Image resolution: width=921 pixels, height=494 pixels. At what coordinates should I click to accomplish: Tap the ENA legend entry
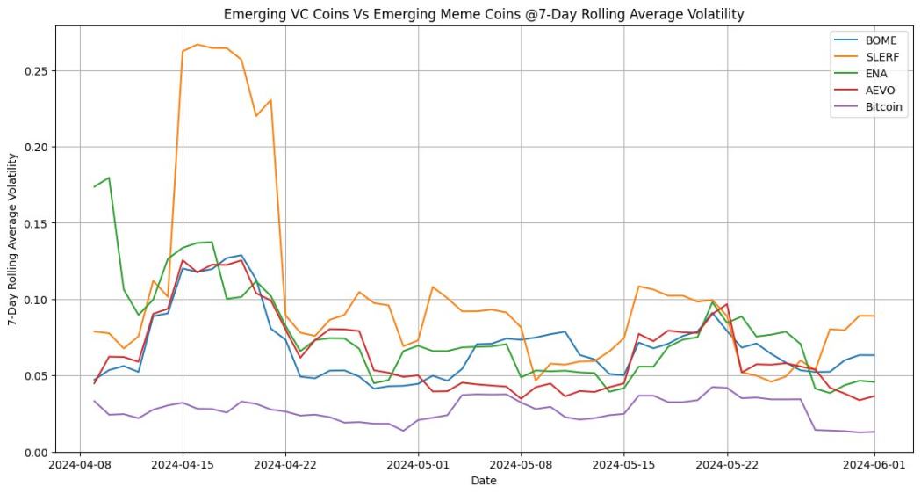[874, 74]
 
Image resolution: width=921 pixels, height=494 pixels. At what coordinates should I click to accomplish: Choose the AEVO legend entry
[878, 91]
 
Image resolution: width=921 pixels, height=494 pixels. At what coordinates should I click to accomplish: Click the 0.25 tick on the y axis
[36, 70]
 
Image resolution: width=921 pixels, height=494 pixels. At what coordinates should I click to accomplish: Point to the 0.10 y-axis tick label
[36, 300]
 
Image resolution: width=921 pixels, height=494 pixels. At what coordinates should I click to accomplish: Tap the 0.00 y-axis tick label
[36, 452]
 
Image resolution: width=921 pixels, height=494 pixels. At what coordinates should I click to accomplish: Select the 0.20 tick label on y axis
[36, 147]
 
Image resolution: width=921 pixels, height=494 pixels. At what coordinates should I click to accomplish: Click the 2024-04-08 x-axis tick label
[80, 465]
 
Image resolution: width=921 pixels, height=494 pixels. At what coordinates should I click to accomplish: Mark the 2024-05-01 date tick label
[418, 465]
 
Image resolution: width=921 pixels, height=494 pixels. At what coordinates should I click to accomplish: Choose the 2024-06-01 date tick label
[874, 465]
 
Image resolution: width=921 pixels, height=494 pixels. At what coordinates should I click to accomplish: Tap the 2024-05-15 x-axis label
[624, 465]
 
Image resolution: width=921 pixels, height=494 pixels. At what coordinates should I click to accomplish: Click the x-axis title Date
[484, 481]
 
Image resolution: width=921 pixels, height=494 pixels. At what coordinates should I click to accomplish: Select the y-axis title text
[12, 239]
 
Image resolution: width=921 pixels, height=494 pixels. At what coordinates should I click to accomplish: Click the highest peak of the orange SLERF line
[198, 44]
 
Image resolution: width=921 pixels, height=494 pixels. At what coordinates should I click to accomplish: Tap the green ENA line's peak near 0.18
[109, 178]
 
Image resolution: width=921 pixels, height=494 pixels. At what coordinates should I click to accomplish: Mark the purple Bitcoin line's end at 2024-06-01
[874, 432]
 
